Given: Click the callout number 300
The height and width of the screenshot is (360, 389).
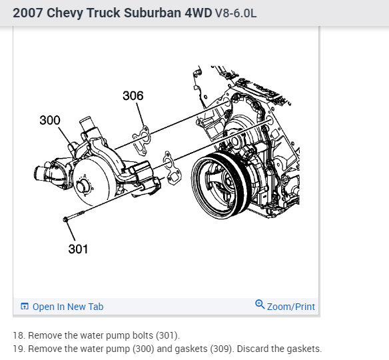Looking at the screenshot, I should (x=50, y=121).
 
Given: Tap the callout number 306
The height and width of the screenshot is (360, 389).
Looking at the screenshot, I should (x=133, y=96).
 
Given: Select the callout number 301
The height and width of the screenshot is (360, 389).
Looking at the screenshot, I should (x=78, y=249).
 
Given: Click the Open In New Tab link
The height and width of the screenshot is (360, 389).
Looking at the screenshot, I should (x=68, y=307).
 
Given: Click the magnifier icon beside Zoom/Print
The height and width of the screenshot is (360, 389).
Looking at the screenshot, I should (x=260, y=305).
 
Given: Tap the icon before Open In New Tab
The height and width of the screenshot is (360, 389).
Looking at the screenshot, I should (x=25, y=307).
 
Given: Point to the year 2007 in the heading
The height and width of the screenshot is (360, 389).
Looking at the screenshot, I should (x=27, y=13).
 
